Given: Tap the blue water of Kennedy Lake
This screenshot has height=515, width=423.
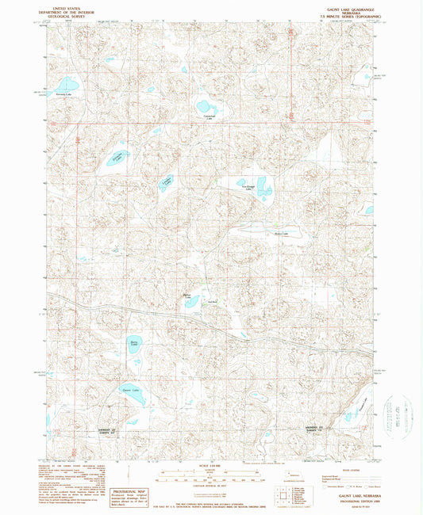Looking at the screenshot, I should click(67, 83).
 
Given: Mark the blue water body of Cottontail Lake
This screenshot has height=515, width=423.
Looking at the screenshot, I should click(206, 106).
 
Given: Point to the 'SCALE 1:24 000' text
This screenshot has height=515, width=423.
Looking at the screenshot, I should click(210, 464).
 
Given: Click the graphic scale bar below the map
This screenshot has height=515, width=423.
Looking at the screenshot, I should click(210, 475).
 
